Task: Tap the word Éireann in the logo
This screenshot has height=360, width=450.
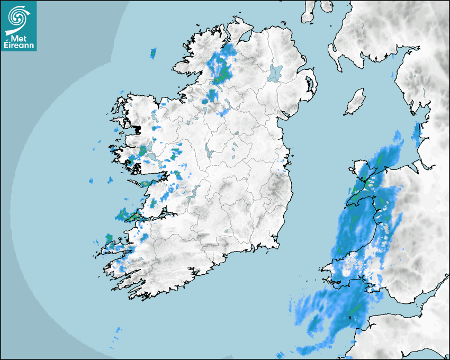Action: click(x=19, y=46)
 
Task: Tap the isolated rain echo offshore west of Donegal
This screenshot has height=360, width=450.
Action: click(x=154, y=53)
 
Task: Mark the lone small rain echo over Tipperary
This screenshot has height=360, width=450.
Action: click(x=227, y=231)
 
